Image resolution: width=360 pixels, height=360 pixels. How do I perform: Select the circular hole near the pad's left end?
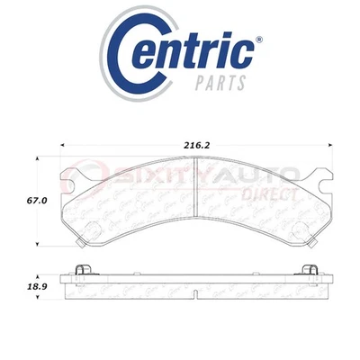[88, 224]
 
